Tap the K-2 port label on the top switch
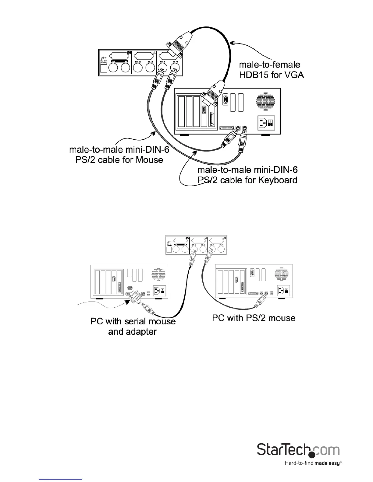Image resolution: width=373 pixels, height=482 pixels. [x=150, y=63]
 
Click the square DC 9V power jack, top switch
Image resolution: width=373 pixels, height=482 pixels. [x=104, y=68]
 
